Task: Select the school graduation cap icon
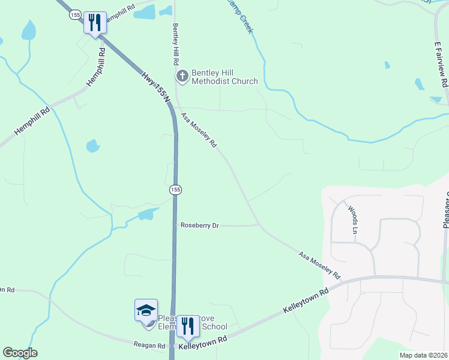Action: pyautogui.click(x=146, y=311)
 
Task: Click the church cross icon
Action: pyautogui.click(x=182, y=76)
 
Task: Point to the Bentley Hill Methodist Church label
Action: pyautogui.click(x=224, y=77)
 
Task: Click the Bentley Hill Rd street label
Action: pyautogui.click(x=176, y=44)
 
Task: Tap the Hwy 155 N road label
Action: pyautogui.click(x=155, y=87)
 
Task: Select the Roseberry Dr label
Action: pyautogui.click(x=200, y=225)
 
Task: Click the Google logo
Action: pyautogui.click(x=20, y=353)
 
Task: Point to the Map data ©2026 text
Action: pyautogui.click(x=423, y=355)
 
